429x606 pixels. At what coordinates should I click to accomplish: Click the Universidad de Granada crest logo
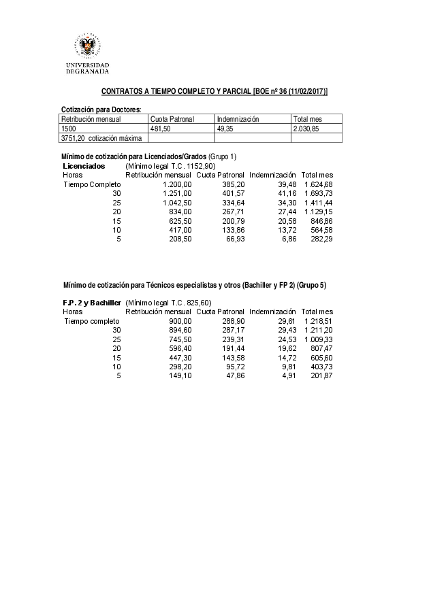coord(87,46)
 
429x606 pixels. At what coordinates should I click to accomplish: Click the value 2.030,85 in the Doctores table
coord(306,129)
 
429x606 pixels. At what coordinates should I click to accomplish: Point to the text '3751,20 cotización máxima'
coord(101,138)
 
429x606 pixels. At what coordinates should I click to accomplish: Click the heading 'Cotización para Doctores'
coord(101,110)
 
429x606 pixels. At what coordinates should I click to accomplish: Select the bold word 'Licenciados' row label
coord(84,166)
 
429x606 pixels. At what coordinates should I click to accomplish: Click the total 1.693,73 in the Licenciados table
coord(317,193)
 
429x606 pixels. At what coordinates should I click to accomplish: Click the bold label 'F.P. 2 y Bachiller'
coord(92,302)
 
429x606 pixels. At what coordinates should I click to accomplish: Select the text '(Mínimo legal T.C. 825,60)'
coord(168,302)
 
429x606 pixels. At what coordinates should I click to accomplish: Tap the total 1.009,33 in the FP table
coord(317,339)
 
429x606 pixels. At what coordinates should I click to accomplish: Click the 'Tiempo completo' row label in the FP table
coord(92,320)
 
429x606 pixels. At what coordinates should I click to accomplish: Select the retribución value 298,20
coord(180,367)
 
